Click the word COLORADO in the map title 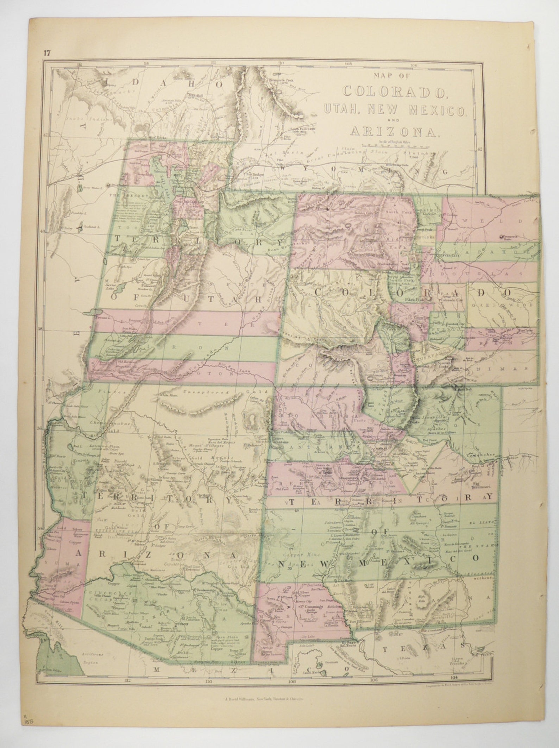click(x=394, y=91)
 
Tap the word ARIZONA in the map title click(x=394, y=131)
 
